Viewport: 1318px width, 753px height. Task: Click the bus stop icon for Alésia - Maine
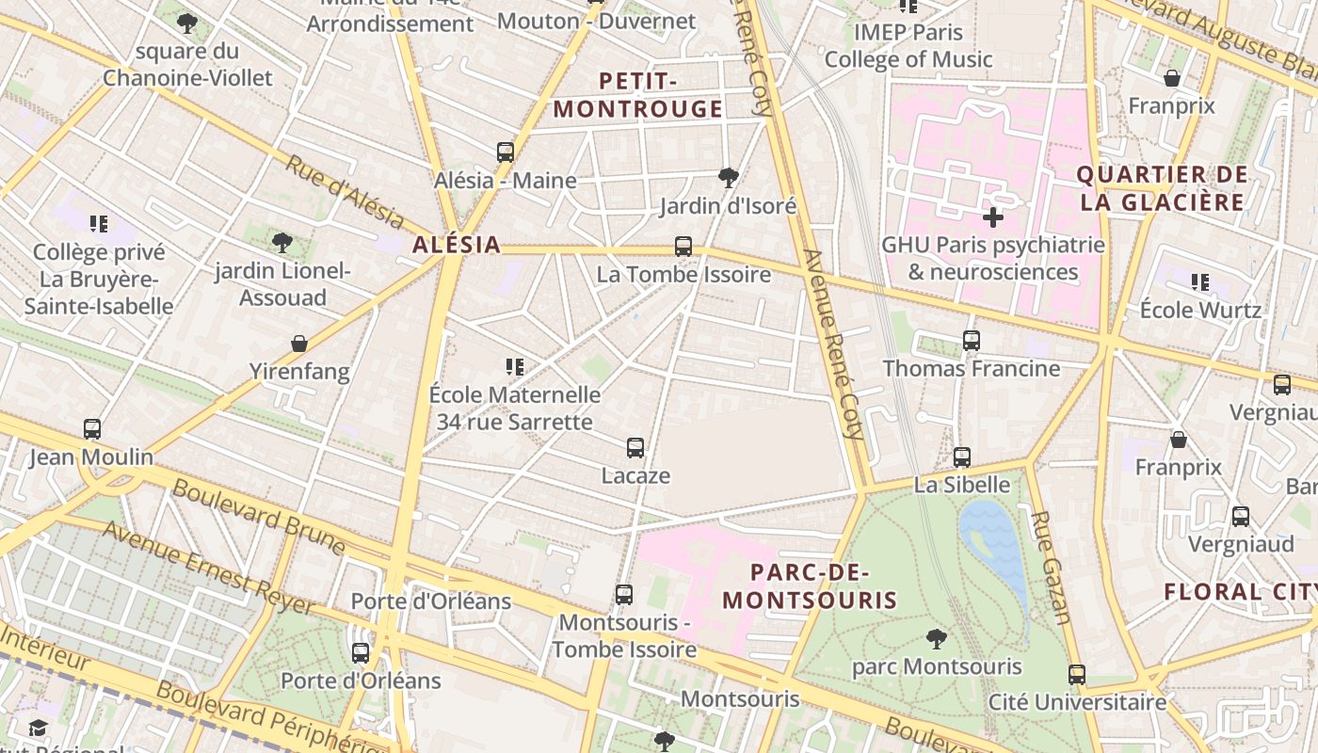click(x=506, y=152)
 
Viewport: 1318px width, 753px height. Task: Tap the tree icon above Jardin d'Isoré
click(x=728, y=177)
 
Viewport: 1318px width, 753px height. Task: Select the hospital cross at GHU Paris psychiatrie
click(x=992, y=217)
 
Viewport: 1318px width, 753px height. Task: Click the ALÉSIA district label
click(x=457, y=246)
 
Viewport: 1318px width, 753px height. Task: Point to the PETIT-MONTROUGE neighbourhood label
click(x=638, y=95)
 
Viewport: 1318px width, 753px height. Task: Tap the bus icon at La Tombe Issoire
click(x=683, y=247)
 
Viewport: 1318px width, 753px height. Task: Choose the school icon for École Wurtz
click(x=1199, y=281)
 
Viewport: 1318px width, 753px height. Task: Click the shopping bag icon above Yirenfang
click(x=299, y=344)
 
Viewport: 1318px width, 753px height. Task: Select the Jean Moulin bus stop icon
click(x=91, y=429)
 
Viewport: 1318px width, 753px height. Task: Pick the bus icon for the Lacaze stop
click(x=635, y=448)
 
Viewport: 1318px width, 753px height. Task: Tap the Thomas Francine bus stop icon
click(x=971, y=341)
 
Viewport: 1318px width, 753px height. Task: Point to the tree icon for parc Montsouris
click(x=936, y=639)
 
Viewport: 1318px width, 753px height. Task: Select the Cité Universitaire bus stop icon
click(x=1077, y=675)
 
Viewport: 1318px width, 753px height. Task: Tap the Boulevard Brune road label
click(x=259, y=517)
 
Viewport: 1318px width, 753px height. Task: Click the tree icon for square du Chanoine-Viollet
click(x=187, y=23)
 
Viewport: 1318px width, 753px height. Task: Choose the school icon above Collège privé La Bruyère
click(x=99, y=224)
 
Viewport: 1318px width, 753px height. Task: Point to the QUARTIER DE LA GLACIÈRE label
click(x=1162, y=188)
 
